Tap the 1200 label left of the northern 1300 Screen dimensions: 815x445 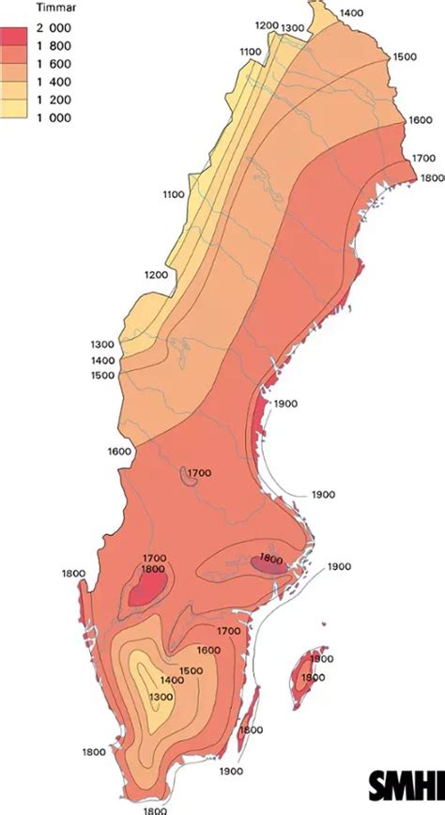[267, 26]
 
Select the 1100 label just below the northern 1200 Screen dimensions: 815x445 [250, 52]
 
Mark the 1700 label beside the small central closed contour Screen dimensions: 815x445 [199, 472]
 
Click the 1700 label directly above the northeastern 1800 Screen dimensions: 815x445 [425, 160]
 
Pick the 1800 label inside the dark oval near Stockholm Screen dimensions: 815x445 [270, 560]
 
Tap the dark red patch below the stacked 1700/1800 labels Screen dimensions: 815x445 [146, 590]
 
